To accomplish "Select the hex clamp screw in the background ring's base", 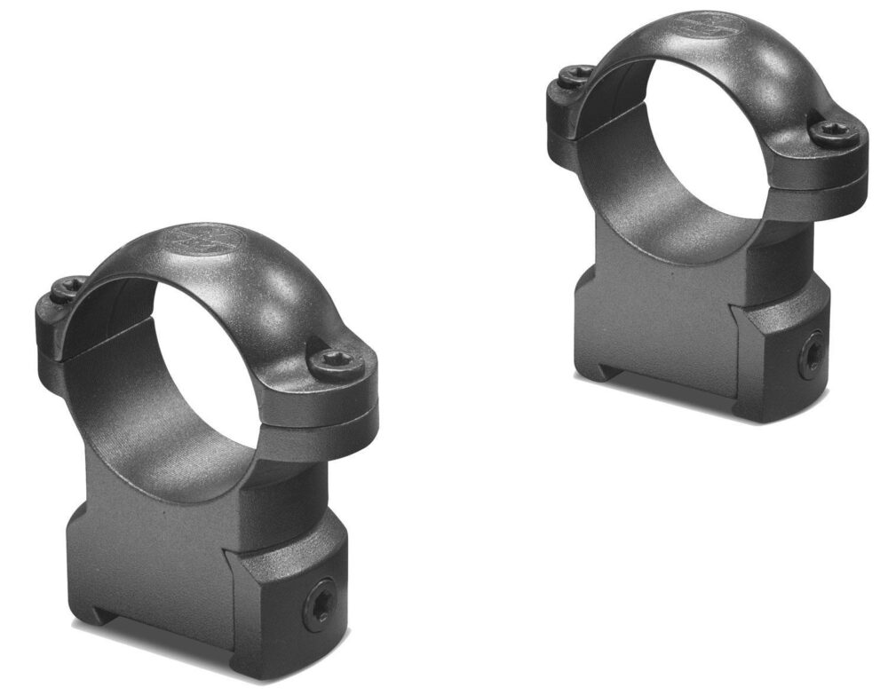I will tap(810, 357).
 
